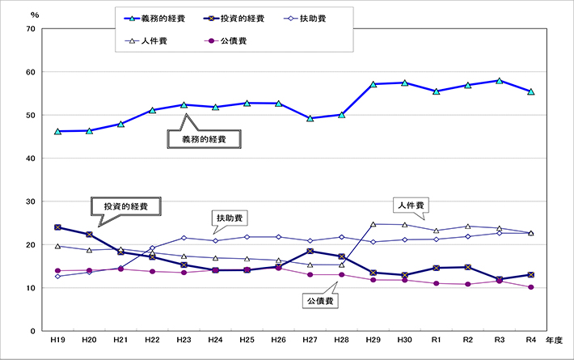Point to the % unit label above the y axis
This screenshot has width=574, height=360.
(x=33, y=15)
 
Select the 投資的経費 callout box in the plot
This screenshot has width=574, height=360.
(x=122, y=205)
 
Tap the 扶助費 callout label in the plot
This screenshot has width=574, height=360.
(x=231, y=218)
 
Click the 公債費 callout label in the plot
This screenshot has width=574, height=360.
(x=322, y=301)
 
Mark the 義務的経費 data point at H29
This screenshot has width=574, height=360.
(x=373, y=84)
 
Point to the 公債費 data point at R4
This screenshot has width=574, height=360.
(x=531, y=287)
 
